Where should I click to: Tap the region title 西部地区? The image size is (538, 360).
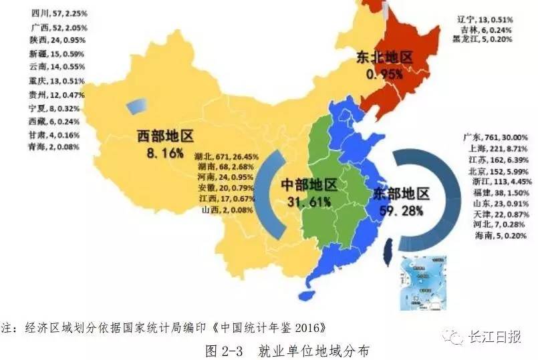tap(165, 137)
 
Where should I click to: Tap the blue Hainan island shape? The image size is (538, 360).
tap(308, 296)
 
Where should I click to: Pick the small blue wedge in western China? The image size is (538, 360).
tap(135, 106)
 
